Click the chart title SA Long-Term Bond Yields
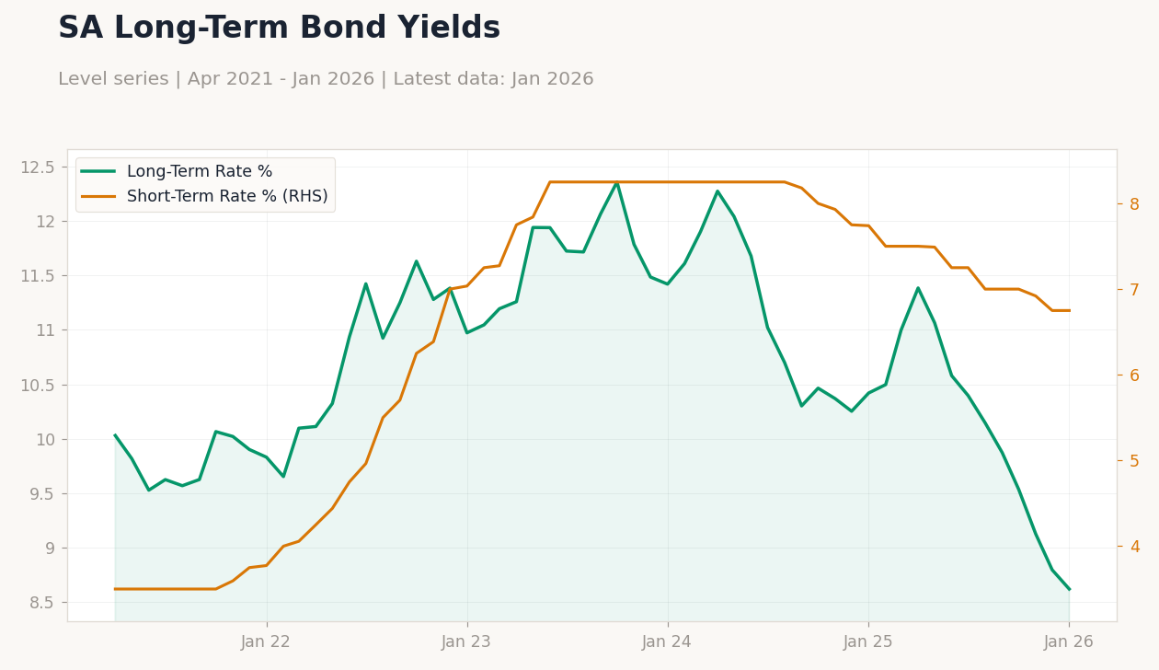(280, 28)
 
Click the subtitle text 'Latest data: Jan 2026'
(493, 79)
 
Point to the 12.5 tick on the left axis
(37, 167)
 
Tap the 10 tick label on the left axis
(45, 440)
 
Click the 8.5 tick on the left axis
(42, 603)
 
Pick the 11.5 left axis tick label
(37, 276)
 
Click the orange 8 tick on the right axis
(1134, 204)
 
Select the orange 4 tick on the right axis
(1135, 547)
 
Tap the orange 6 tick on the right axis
(1134, 375)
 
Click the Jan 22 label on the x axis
(266, 642)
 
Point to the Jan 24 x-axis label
(666, 642)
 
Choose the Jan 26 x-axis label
(1069, 642)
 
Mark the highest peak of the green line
(616, 183)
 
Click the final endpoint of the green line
(1070, 589)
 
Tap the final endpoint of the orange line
(1070, 311)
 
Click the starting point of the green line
(114, 435)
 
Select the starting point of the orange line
(114, 589)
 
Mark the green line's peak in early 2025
(918, 287)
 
